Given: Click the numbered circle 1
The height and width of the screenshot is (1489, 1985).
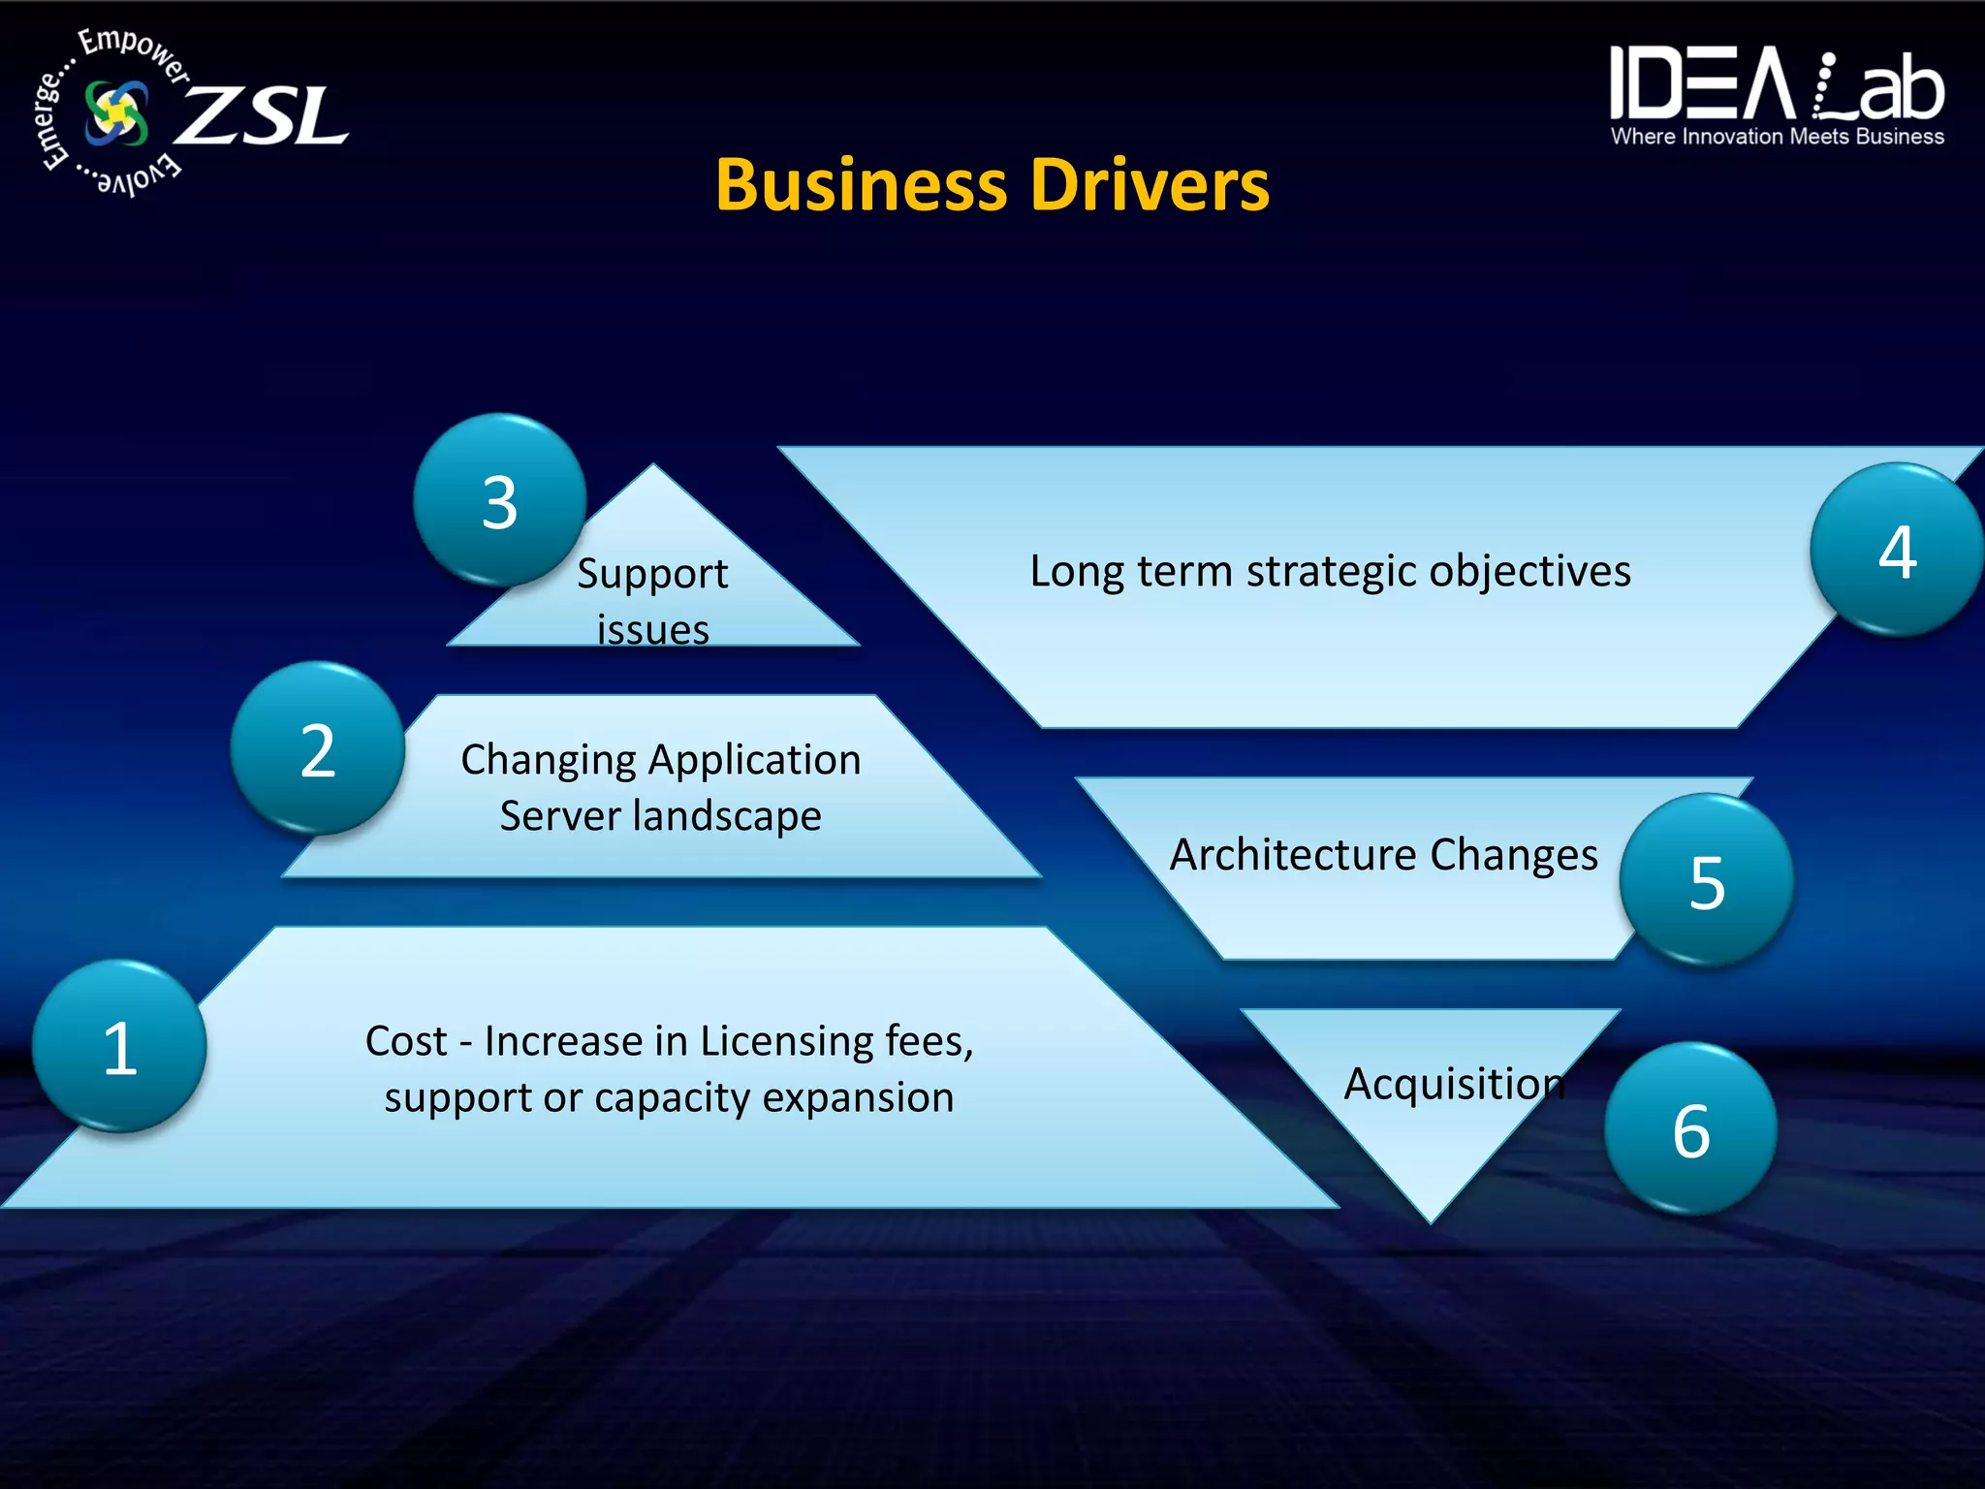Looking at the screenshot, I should [x=119, y=1046].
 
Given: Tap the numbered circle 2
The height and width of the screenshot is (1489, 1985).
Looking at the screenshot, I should [x=318, y=748].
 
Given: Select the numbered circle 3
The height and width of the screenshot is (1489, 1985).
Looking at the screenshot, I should [x=499, y=501].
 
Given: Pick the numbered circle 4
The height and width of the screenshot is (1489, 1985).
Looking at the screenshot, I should [x=1897, y=550].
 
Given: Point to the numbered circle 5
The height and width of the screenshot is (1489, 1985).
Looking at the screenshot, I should [x=1707, y=880].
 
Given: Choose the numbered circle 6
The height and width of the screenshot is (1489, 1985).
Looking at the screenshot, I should [x=1690, y=1128].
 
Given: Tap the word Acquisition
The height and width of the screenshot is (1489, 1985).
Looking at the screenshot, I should [x=1454, y=1084].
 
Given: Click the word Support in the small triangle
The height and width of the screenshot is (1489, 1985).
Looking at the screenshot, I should [x=652, y=574].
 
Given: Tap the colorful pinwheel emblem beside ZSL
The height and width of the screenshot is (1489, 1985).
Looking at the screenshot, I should [x=116, y=113].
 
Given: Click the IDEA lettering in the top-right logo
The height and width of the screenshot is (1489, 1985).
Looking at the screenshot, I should [x=1701, y=84].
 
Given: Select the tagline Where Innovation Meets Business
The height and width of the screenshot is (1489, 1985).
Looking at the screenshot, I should [x=1777, y=137].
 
